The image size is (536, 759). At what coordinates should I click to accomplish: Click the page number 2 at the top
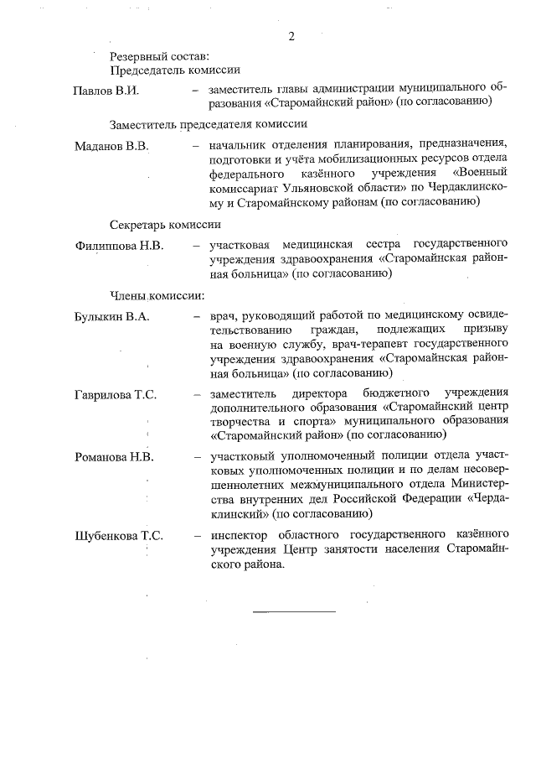point(292,36)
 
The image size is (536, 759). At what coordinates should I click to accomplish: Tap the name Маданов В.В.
point(111,147)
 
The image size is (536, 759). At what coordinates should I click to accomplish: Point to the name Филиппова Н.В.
point(119,246)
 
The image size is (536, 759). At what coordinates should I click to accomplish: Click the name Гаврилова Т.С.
point(116,394)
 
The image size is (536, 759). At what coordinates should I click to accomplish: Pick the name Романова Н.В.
point(114,459)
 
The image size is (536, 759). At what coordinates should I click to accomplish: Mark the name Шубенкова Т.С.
point(119,535)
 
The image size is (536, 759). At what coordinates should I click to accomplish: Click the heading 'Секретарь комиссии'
point(165,224)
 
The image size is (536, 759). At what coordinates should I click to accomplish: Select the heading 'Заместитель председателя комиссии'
point(198,125)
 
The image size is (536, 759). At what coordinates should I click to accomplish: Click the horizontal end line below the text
point(294,611)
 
